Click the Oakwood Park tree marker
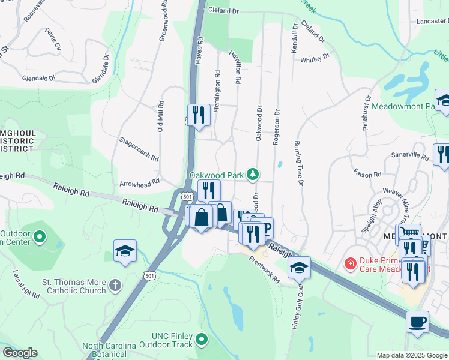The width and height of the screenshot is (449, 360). (x=254, y=175)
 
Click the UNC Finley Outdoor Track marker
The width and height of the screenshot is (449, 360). (x=202, y=340)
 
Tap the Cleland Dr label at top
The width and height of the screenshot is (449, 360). (x=223, y=10)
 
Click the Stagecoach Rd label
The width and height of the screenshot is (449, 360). (x=139, y=149)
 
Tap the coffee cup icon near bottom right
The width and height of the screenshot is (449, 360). (x=417, y=321)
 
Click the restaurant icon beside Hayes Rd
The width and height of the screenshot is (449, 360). (x=199, y=114)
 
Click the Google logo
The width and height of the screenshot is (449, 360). (x=20, y=353)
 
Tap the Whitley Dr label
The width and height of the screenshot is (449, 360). (x=315, y=59)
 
